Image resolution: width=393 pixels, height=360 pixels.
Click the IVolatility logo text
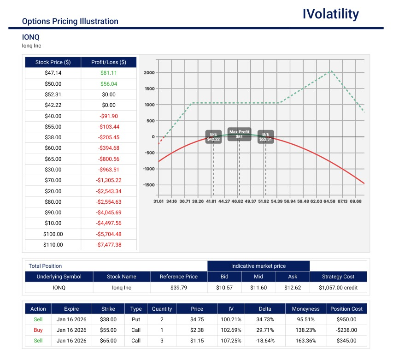pos(330,14)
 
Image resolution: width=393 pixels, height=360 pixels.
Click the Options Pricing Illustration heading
pos(70,21)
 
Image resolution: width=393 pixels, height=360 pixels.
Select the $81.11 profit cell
pos(109,73)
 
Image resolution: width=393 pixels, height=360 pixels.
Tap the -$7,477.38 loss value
pos(109,245)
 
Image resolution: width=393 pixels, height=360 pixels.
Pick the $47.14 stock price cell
pos(53,73)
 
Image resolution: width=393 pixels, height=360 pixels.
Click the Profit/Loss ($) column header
pos(109,62)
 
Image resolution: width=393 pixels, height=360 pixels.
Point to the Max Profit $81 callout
pos(239,134)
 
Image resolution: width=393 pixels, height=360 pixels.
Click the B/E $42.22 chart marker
pos(213,136)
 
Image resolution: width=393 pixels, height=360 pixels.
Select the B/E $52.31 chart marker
pos(266,136)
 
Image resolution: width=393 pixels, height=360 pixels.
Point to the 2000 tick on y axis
pos(148,73)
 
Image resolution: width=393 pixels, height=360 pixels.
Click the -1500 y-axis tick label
pos(147,185)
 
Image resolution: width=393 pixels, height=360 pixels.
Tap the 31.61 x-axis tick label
pos(158,201)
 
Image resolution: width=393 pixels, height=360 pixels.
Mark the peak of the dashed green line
pos(331,71)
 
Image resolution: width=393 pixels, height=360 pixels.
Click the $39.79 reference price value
pos(178,288)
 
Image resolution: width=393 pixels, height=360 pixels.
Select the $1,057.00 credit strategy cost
pos(339,288)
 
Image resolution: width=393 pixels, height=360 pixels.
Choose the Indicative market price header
pos(258,266)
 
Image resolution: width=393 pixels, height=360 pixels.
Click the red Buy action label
pos(38,330)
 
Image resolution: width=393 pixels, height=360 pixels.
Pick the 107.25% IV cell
pos(231,341)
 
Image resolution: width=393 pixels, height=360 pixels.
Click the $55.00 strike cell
pos(108,330)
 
